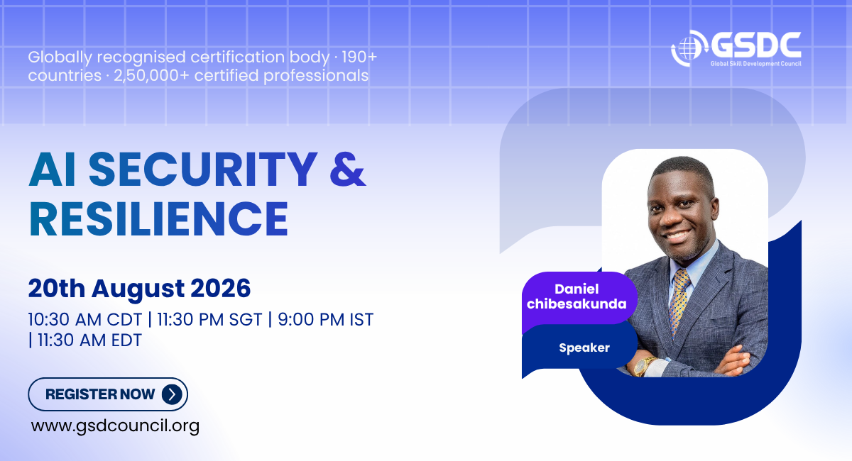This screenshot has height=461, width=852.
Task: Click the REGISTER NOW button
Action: click(108, 394)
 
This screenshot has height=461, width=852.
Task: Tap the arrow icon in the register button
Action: click(172, 394)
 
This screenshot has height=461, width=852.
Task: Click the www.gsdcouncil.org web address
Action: click(115, 426)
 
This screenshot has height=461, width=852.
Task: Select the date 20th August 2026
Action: click(139, 289)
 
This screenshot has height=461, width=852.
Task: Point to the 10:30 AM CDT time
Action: click(84, 320)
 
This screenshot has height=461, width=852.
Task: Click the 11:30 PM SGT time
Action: click(209, 320)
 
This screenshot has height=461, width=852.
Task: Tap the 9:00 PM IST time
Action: click(326, 320)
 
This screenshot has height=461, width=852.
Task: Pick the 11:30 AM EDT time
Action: click(89, 340)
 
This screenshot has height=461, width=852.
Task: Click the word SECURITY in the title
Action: click(203, 169)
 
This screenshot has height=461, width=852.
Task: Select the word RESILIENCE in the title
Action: click(158, 219)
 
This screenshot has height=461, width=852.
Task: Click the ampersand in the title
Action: click(348, 169)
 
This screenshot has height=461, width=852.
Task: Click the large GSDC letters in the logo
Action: click(755, 45)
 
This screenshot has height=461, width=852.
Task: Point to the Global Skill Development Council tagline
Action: click(755, 63)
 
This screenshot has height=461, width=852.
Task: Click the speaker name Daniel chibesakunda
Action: click(577, 296)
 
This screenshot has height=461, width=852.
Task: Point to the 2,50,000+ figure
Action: click(151, 76)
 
